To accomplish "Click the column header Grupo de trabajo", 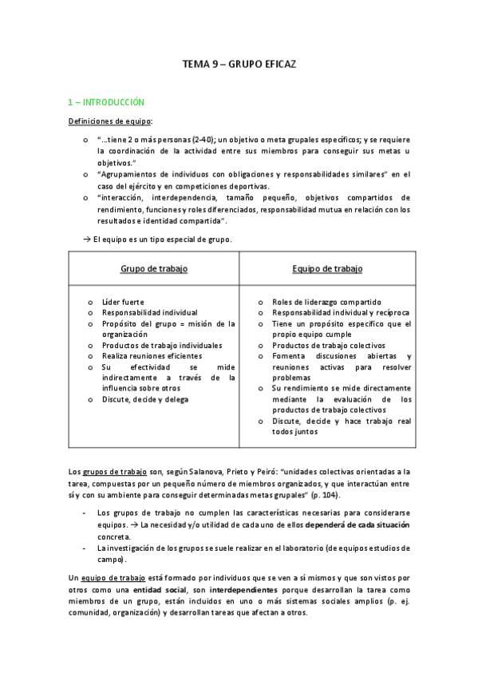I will click(154, 269).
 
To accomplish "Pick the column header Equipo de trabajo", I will click(327, 269).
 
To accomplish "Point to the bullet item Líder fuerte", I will click(123, 303).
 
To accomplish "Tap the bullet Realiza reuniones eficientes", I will click(152, 356).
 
